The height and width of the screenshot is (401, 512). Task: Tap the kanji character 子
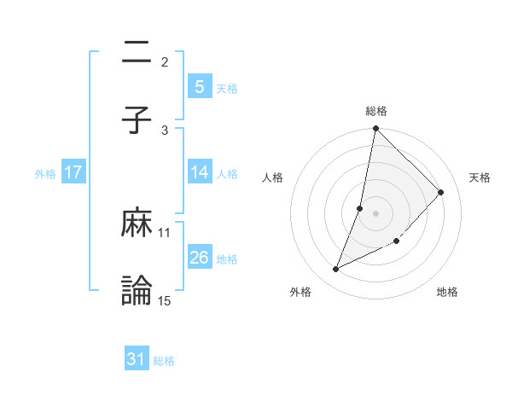pos(137,120)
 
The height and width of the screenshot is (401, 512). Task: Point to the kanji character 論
pos(137,291)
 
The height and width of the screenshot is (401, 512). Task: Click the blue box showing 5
pos(199,86)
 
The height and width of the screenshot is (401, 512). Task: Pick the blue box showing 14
pos(199,172)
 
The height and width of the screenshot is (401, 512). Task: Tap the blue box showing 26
pos(199,258)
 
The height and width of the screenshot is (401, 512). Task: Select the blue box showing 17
pos(73,172)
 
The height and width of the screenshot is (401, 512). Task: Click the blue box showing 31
pos(137,359)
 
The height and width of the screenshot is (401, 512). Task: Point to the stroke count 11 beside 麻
pos(165,232)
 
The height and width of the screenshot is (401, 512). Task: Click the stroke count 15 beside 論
pos(165,300)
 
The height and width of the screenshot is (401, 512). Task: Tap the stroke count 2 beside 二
pos(165,61)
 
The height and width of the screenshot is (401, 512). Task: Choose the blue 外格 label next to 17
pos(45,173)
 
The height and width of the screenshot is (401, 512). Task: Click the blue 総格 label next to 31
pos(164,361)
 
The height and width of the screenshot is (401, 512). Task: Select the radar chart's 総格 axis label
pos(376,111)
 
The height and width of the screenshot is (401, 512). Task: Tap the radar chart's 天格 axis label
pos(480,177)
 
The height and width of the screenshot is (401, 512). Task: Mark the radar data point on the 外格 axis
pos(336,270)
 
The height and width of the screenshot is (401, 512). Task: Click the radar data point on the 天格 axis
pos(441,192)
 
